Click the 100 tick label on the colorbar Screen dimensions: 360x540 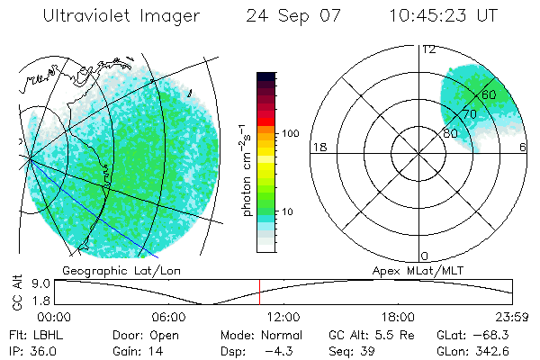coord(290,133)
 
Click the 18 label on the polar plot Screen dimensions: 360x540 coord(318,148)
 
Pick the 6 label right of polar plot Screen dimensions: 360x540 coord(524,148)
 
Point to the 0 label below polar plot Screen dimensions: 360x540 coord(426,256)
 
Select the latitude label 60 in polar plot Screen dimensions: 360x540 coord(489,94)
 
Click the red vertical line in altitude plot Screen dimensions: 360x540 coord(259,292)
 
